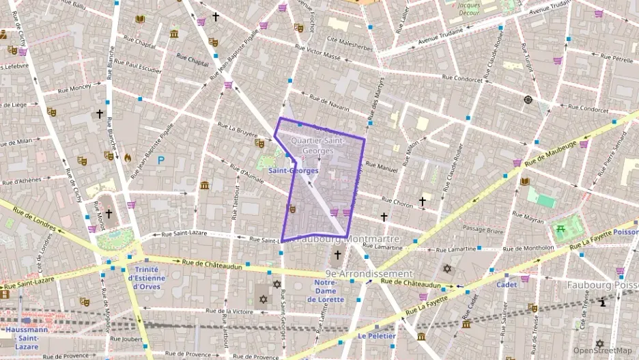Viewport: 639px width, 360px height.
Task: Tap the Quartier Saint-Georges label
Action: [318, 145]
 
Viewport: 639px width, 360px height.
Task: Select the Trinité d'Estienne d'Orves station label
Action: [147, 277]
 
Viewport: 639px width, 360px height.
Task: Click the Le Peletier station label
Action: [377, 335]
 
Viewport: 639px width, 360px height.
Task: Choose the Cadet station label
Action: [506, 284]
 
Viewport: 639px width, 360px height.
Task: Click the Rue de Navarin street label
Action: [330, 104]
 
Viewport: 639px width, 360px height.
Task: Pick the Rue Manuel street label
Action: [381, 167]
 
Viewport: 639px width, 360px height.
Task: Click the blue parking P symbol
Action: [161, 161]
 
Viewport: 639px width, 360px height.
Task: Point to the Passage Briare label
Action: [483, 229]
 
